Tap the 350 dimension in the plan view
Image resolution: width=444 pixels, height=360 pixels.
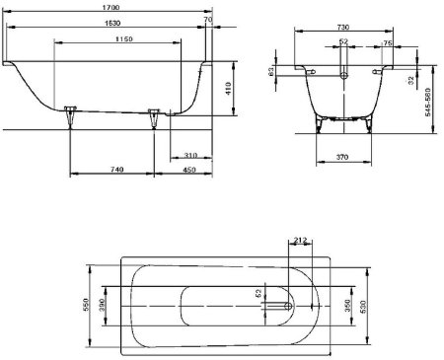[345, 307]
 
